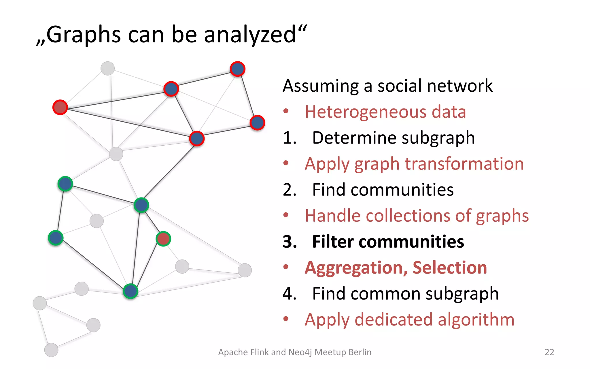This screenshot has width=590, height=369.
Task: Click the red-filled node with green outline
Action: pos(163,239)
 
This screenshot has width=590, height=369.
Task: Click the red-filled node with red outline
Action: pos(60,107)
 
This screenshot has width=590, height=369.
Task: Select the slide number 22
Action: pos(549,352)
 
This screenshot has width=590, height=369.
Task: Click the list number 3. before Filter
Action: pos(290,242)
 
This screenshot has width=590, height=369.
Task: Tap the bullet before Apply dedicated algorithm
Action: pos(286,319)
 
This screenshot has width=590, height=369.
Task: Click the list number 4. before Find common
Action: pos(290,293)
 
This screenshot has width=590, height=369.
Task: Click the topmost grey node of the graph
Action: pos(107,68)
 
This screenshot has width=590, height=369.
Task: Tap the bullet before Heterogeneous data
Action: pos(286,111)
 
